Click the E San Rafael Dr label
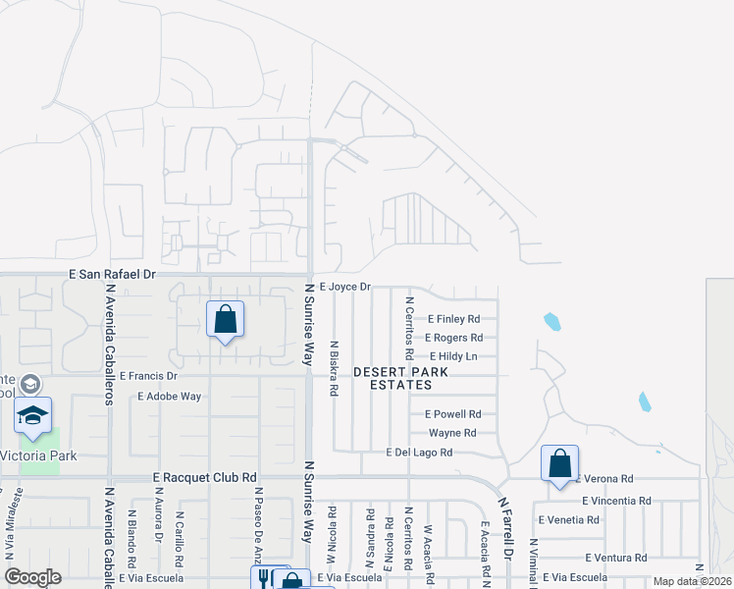coord(113,277)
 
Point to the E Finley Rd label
coord(454,319)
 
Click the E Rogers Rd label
coord(452,338)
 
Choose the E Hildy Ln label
coord(452,356)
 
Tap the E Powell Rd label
coord(454,414)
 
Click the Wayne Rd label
coord(452,433)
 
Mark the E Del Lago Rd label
coord(419,453)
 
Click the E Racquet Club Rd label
coord(205,476)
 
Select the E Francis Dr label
coord(148,376)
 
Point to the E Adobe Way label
coord(169,397)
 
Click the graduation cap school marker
coord(33,417)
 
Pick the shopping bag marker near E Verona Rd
coord(559,464)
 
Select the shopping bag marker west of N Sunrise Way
coord(226,319)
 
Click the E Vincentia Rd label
coord(616,500)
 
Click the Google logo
coord(32,577)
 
